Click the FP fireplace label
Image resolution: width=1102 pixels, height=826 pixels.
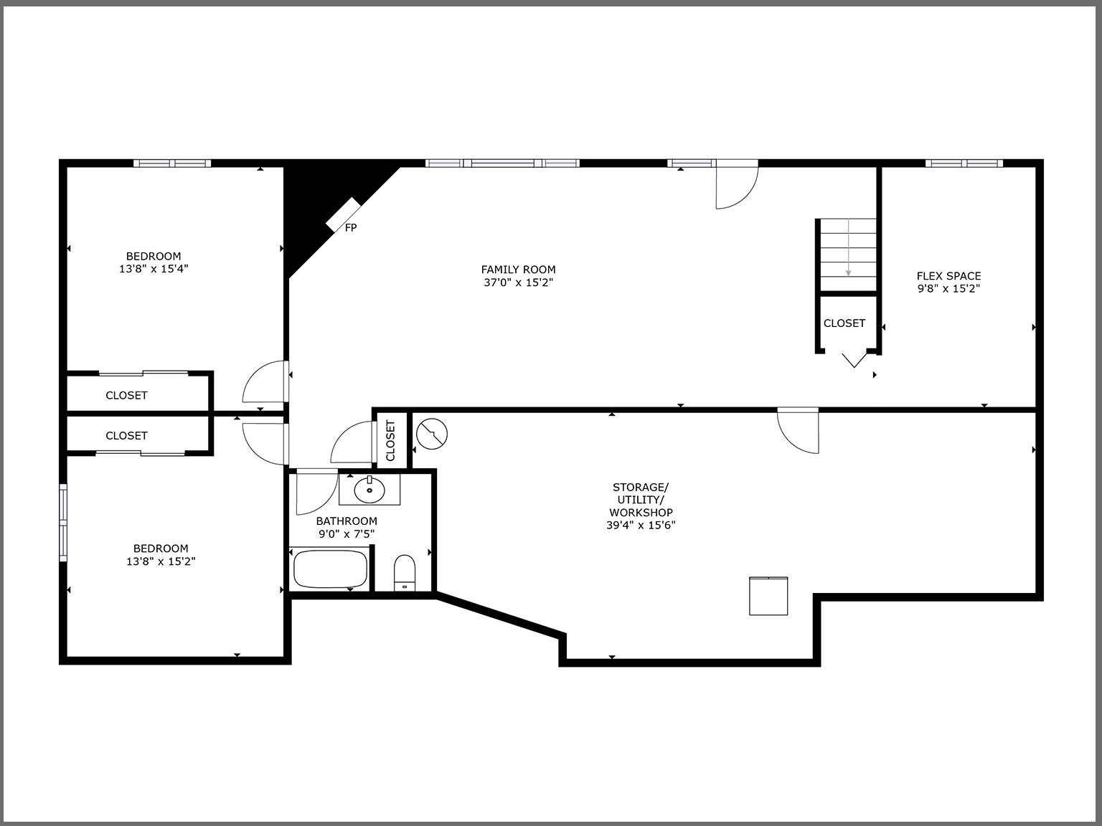pos(351,228)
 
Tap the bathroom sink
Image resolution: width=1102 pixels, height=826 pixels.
pos(369,490)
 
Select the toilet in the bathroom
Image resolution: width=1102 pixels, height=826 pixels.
pos(405,572)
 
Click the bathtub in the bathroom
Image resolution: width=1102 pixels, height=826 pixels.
pos(331,569)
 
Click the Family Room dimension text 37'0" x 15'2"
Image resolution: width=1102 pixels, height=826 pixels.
pos(518,283)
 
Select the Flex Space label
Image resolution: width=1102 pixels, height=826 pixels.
pos(948,276)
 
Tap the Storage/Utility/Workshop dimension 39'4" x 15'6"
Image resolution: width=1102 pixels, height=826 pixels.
pos(641,525)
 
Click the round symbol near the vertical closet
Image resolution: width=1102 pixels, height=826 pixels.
pos(432,434)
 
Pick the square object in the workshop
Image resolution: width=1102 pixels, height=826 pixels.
pos(768,595)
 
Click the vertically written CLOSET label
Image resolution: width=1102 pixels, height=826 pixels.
pos(391,441)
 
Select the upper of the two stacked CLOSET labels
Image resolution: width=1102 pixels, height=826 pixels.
pos(126,395)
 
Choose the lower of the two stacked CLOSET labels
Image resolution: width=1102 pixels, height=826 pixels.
pos(126,435)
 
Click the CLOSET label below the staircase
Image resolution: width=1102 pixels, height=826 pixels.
pos(844,323)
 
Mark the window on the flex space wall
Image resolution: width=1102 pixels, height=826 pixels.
pos(963,163)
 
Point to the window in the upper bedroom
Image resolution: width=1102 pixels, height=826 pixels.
pos(172,163)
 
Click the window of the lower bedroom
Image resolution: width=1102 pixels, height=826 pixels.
pos(63,523)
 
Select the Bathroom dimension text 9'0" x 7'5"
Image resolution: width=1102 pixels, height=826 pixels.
pos(347,534)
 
